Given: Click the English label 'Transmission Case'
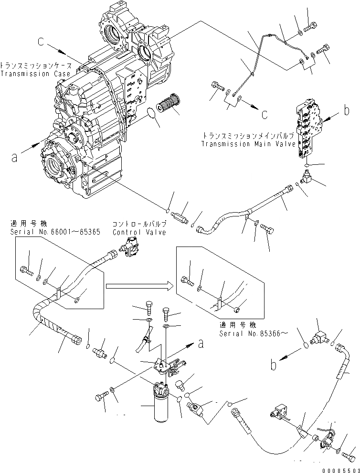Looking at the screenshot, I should [35, 74].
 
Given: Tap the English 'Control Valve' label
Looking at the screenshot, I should [139, 232].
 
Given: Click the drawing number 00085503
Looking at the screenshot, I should [339, 468].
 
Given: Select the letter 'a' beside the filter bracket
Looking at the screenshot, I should [202, 343].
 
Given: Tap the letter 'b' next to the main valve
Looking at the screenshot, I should [347, 112].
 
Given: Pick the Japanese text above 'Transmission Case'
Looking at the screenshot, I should [36, 65].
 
